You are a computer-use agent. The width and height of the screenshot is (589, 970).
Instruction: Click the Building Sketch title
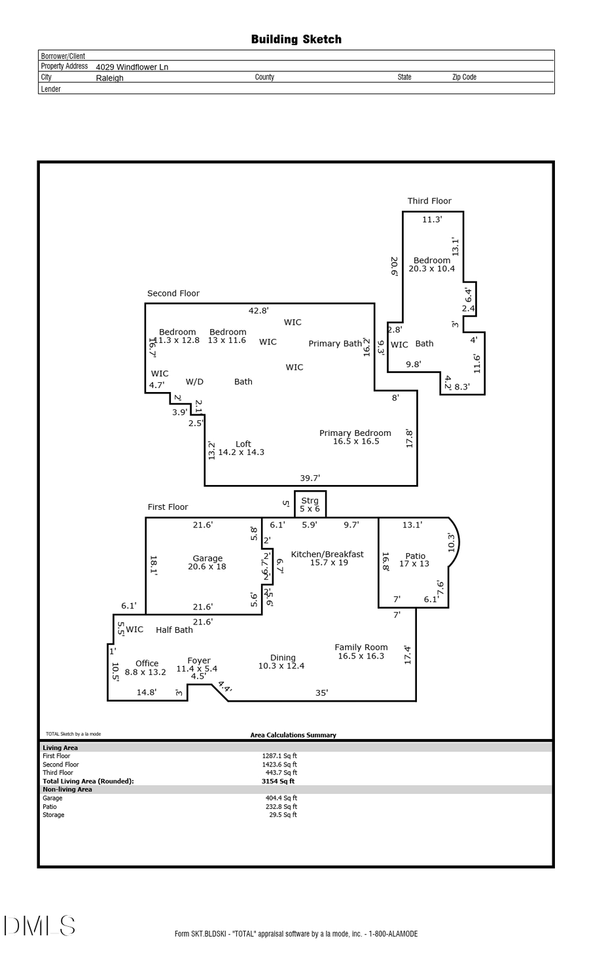[x=296, y=39]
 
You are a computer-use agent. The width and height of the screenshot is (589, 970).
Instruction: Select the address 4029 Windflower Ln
[x=132, y=67]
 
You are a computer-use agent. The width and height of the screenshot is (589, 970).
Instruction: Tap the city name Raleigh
[x=109, y=78]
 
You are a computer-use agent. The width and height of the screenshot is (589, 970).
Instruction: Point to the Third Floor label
[x=429, y=201]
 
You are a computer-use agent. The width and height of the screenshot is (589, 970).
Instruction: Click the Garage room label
[x=207, y=558]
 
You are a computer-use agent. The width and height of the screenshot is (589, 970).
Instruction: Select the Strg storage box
[x=310, y=504]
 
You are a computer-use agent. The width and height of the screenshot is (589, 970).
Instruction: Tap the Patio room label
[x=415, y=556]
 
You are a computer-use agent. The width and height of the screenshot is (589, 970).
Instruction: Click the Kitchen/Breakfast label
[x=327, y=554]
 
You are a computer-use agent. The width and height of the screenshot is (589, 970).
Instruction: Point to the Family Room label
[x=361, y=647]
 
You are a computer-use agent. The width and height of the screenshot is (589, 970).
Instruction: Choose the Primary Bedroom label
[x=355, y=433]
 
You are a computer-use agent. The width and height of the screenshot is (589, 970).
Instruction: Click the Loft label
[x=243, y=444]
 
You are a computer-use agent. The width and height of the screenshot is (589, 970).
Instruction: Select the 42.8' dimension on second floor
[x=259, y=311]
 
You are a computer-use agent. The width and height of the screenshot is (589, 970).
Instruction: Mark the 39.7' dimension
[x=310, y=478]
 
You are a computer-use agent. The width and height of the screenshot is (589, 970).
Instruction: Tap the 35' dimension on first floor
[x=321, y=692]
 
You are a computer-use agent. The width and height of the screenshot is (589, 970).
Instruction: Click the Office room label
[x=147, y=663]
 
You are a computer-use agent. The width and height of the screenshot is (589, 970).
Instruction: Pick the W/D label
[x=194, y=382]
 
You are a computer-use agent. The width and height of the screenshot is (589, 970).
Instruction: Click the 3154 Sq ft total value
[x=278, y=781]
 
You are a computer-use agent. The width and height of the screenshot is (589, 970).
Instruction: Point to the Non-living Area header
[x=67, y=789]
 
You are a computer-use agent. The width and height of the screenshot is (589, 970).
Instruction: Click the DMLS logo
[x=39, y=926]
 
